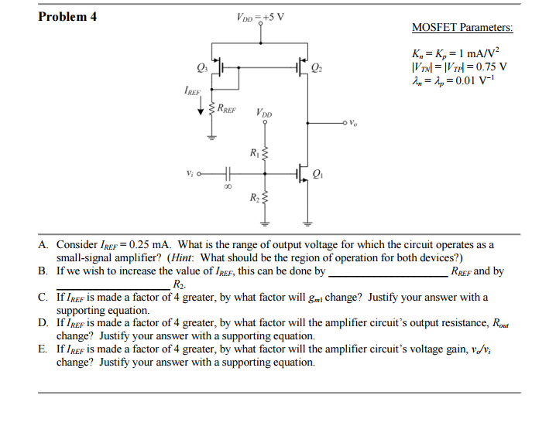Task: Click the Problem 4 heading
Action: (67, 17)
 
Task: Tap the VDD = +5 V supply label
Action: (260, 17)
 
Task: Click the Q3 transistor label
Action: (202, 67)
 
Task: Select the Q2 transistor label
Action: (317, 67)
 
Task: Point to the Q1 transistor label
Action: (317, 174)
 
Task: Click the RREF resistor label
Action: (227, 108)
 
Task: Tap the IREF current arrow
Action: (201, 105)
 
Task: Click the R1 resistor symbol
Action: (265, 154)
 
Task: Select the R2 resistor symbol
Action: (265, 198)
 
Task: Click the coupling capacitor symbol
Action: (228, 174)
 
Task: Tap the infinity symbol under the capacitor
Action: (228, 186)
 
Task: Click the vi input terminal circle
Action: (199, 174)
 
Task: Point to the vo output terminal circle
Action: (345, 123)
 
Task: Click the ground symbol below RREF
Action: (211, 138)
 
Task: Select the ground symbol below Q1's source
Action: (307, 223)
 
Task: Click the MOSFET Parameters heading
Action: (462, 28)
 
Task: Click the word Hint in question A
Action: (181, 257)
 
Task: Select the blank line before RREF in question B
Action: (388, 276)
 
